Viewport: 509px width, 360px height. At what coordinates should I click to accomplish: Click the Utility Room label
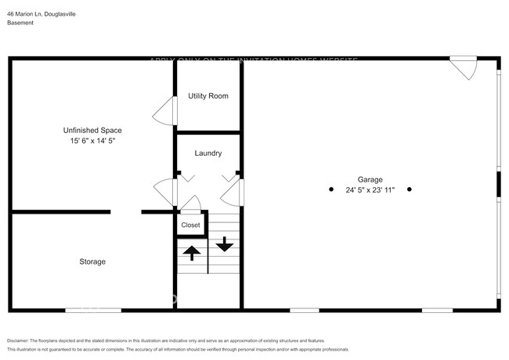tap(208, 96)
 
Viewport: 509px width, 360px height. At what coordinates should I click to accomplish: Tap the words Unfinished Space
tap(92, 130)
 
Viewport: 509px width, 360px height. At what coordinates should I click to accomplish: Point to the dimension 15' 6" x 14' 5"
tap(92, 141)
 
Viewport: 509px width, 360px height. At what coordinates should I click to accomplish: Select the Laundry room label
tap(208, 153)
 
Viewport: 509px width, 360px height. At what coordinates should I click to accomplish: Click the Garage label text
tap(370, 179)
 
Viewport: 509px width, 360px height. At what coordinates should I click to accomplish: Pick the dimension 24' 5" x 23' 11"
tap(370, 189)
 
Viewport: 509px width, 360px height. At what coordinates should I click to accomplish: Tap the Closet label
tap(190, 225)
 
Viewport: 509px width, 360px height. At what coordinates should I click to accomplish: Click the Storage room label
tap(92, 261)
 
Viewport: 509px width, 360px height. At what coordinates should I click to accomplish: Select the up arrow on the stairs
tap(190, 253)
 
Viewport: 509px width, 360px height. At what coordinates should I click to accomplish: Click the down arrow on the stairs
tap(225, 244)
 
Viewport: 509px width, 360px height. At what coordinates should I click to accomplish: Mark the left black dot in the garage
tap(331, 189)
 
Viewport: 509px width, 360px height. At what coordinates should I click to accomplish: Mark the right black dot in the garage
tap(410, 189)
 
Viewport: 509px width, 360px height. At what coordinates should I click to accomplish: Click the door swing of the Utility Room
tap(165, 113)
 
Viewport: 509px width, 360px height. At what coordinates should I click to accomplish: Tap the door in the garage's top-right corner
tap(464, 68)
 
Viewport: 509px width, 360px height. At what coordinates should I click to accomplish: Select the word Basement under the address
tap(20, 23)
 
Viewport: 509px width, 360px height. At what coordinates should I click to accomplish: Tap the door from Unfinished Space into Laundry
tap(165, 191)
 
